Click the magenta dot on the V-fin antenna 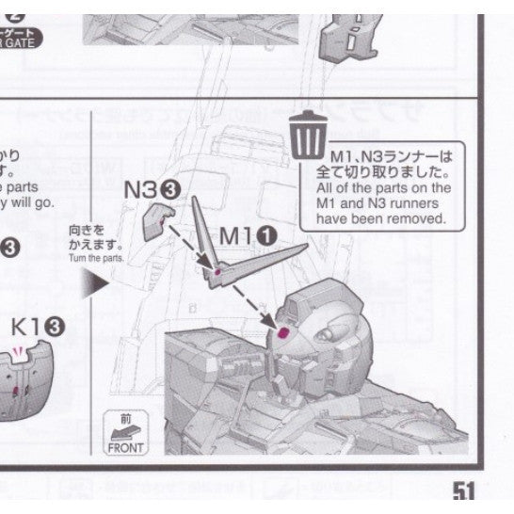pyautogui.click(x=218, y=272)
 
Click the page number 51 pyautogui.click(x=462, y=491)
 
